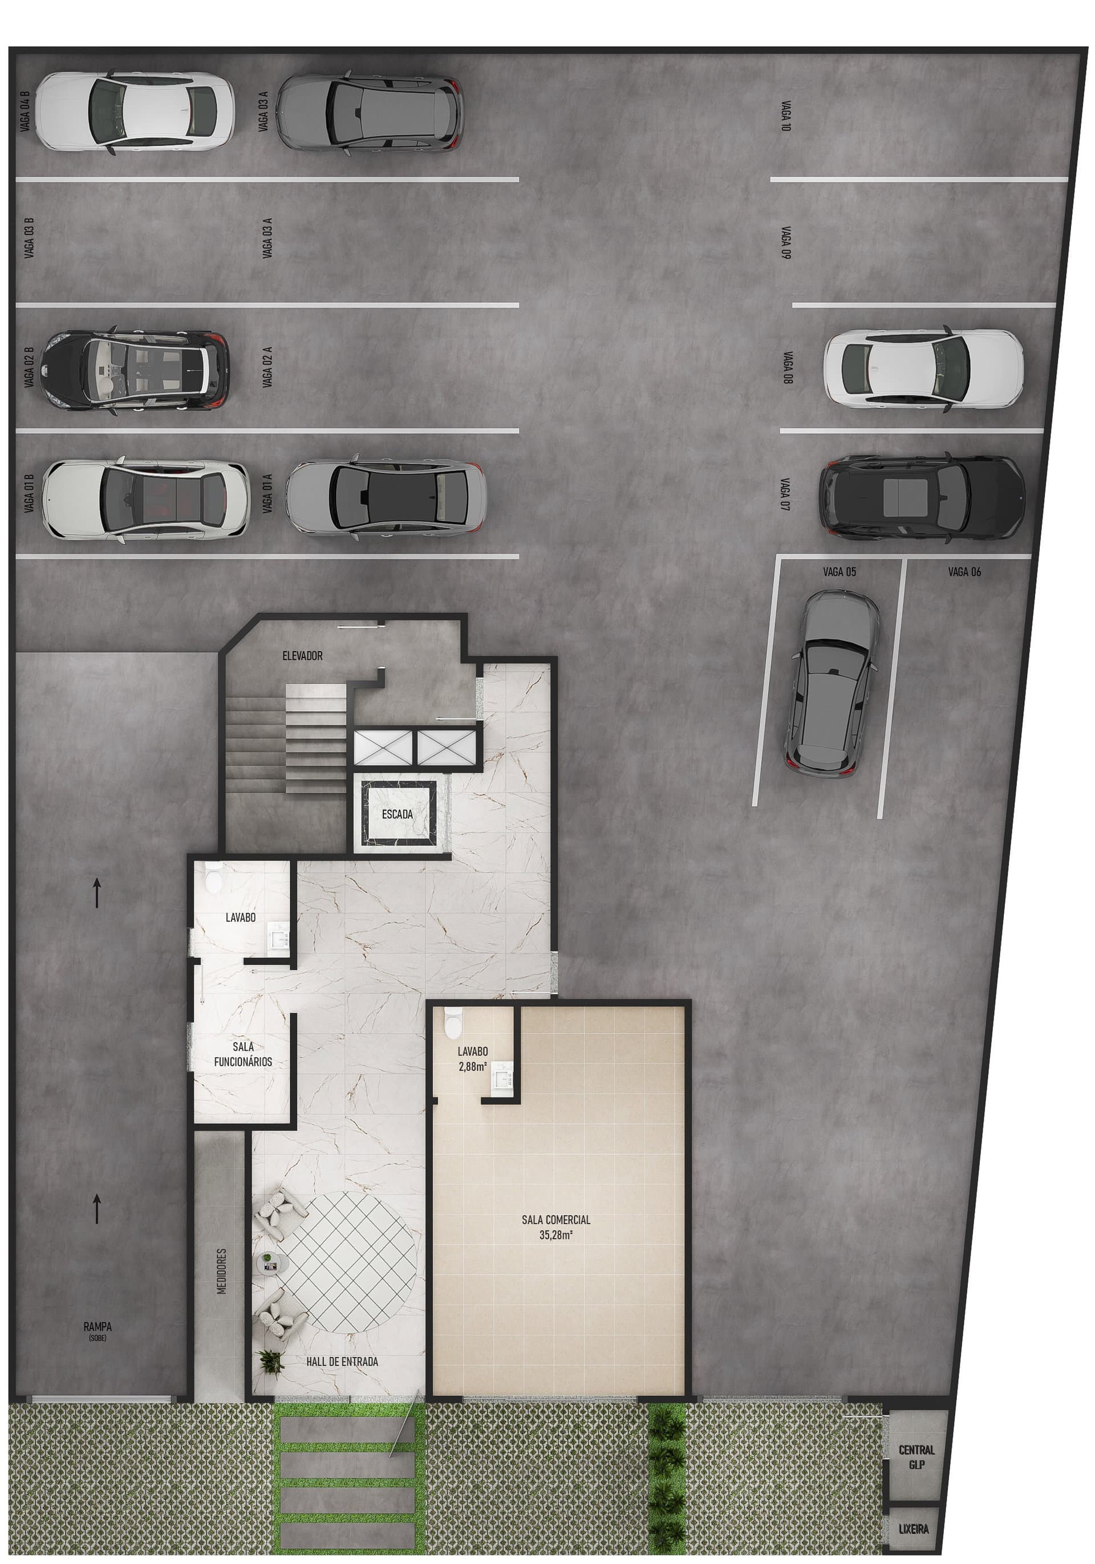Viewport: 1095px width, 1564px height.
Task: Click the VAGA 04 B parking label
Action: [x=25, y=111]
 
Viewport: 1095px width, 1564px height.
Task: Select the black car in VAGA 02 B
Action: [x=134, y=370]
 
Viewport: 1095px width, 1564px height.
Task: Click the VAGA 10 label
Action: [x=786, y=116]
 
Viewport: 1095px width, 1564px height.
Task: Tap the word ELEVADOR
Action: [x=302, y=656]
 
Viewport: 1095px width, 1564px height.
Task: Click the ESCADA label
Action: [x=398, y=814]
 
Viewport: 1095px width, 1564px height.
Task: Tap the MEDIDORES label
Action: [x=221, y=1271]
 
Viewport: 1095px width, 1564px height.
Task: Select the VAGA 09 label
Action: [x=786, y=242]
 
